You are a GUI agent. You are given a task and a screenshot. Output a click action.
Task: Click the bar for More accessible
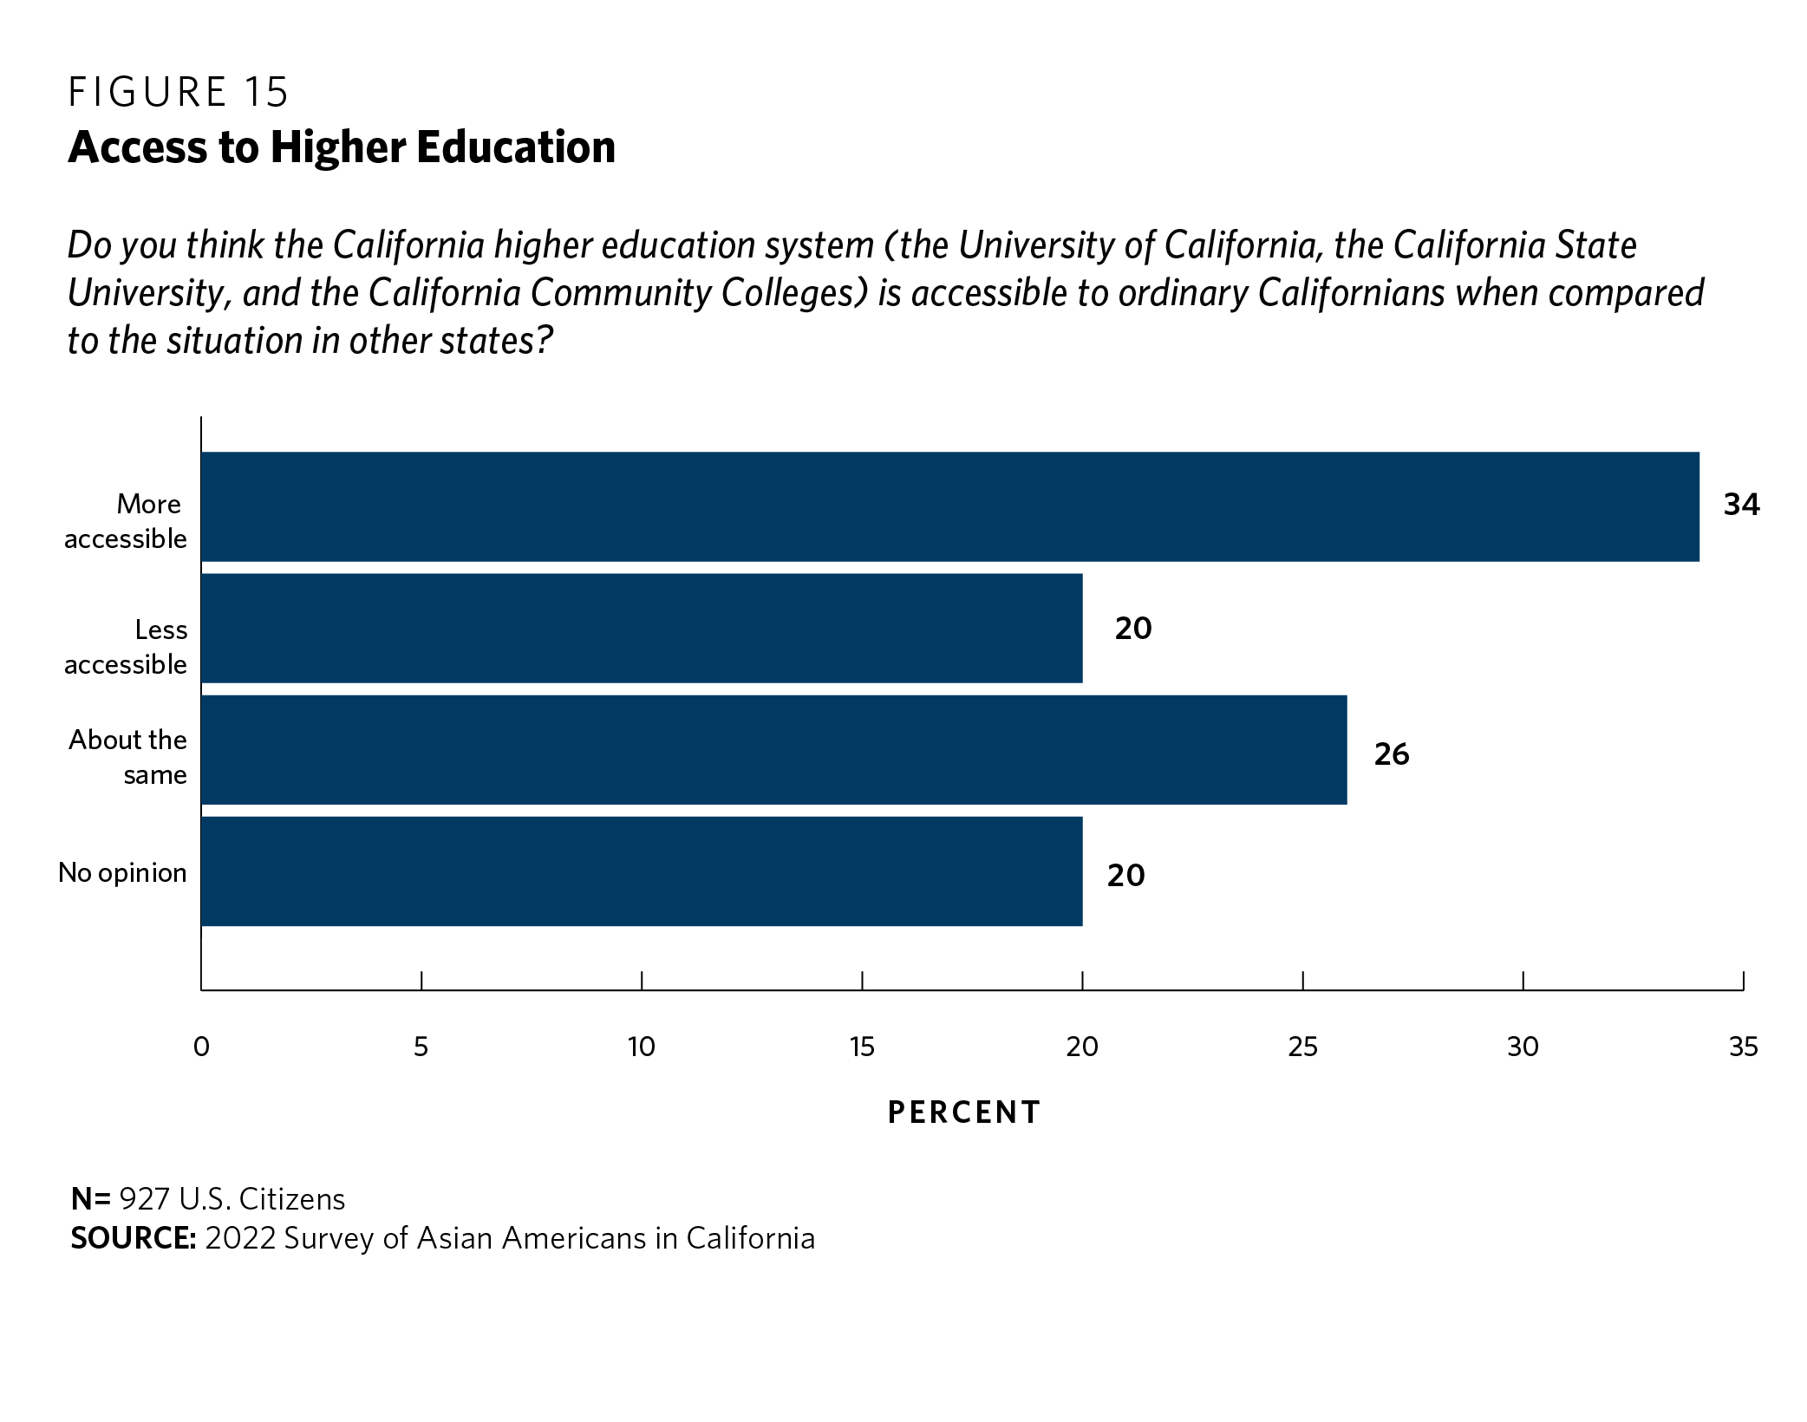click(x=949, y=506)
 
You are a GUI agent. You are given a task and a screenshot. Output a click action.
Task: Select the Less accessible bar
click(x=642, y=628)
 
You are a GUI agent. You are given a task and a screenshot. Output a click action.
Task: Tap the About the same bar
click(x=773, y=749)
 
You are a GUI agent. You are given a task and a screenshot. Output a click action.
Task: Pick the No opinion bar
click(x=642, y=871)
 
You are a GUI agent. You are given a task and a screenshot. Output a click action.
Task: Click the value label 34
click(x=1741, y=505)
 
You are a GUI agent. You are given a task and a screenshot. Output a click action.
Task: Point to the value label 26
click(x=1392, y=754)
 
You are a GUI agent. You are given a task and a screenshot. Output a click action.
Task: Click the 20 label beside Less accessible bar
click(x=1133, y=629)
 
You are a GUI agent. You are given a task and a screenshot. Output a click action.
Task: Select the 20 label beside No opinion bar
click(x=1125, y=876)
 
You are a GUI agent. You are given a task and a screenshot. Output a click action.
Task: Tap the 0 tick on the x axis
click(x=201, y=1047)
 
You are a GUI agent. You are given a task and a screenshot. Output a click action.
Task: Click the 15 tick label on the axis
click(x=862, y=1047)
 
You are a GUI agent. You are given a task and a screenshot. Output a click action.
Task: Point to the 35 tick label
click(x=1743, y=1047)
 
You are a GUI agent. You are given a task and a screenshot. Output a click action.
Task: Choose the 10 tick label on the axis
click(x=642, y=1047)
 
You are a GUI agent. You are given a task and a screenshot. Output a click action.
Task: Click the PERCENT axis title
click(x=964, y=1112)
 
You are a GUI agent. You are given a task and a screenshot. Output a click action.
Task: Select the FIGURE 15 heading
click(x=178, y=93)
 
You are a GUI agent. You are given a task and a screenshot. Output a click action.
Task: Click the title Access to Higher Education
click(x=342, y=147)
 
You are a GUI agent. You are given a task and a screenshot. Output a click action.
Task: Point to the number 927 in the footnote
click(x=145, y=1199)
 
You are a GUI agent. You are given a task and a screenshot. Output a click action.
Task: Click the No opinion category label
click(x=122, y=872)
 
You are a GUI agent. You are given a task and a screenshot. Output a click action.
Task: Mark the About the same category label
click(x=128, y=757)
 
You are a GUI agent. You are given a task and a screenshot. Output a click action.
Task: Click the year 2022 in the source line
click(x=240, y=1238)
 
